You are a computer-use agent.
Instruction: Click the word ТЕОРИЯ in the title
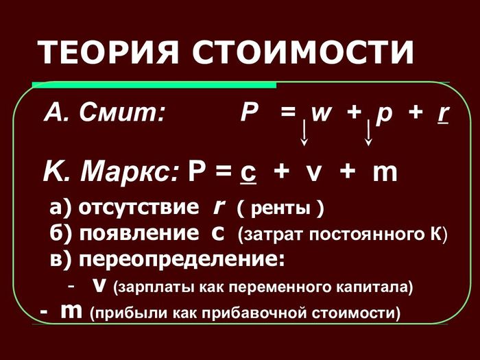coord(108,51)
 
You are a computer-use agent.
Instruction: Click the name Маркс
coord(129,171)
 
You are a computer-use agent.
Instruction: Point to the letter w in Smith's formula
coord(321,114)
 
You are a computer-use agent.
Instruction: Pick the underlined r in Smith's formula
coord(444,115)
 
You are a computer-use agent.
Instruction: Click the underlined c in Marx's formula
coord(248,174)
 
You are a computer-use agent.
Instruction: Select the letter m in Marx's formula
coord(385,173)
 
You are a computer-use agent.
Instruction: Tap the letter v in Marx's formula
coord(314,173)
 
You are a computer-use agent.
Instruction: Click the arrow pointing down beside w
coord(304,132)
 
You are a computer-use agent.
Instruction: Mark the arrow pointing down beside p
coord(369,132)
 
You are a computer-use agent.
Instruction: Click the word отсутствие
coord(139,208)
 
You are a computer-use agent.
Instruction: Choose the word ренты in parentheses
coord(280,209)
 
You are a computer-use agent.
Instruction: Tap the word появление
coord(139,234)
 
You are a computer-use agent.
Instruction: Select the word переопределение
coord(182,260)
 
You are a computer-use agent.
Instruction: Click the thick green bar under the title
coord(154,85)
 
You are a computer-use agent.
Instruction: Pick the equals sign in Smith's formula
coord(288,112)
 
